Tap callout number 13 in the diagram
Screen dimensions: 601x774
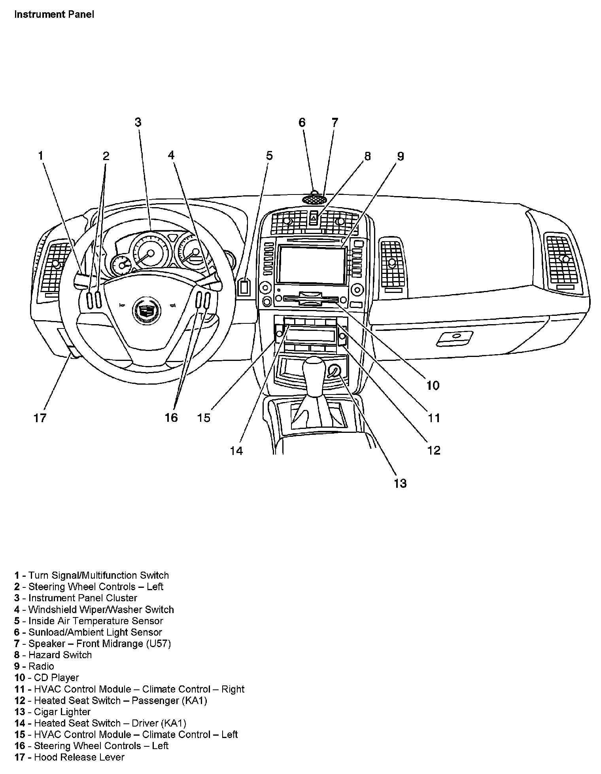pos(400,483)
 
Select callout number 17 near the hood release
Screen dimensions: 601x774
pos(40,418)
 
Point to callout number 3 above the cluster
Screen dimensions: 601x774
pos(138,122)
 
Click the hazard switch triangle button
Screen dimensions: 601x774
pos(314,218)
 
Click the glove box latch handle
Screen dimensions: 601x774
pos(455,338)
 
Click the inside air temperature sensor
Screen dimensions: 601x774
pos(244,287)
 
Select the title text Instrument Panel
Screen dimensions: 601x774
pos(54,15)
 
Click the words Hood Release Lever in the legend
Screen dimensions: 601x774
pos(79,757)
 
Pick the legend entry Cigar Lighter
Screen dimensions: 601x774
pos(62,712)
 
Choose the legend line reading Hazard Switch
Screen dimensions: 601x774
pos(60,655)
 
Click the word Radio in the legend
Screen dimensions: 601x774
pos(41,666)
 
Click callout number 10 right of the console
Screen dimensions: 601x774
pos(433,385)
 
